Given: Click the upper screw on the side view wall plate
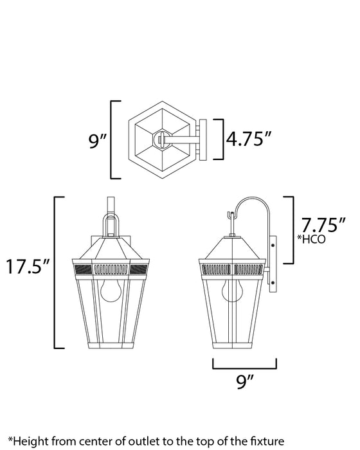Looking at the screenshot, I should pos(275,245).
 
